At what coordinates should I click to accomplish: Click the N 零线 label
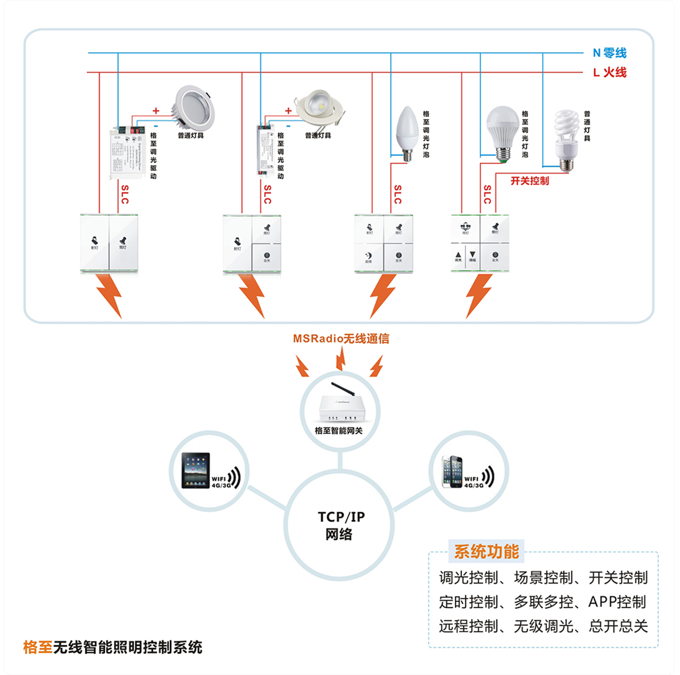pyautogui.click(x=609, y=53)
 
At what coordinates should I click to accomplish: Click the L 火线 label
pyautogui.click(x=609, y=72)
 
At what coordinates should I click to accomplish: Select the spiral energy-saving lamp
pyautogui.click(x=566, y=138)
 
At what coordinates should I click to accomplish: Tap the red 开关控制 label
pyautogui.click(x=529, y=181)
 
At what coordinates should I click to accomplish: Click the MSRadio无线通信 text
pyautogui.click(x=341, y=338)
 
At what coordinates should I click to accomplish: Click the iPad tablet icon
pyautogui.click(x=196, y=470)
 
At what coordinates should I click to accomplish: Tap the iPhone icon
pyautogui.click(x=452, y=470)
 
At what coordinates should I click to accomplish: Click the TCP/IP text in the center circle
pyautogui.click(x=341, y=517)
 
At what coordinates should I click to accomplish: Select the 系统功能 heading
pyautogui.click(x=486, y=551)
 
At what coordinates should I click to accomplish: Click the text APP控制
pyautogui.click(x=617, y=602)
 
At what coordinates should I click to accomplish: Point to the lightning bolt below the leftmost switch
pyautogui.click(x=110, y=295)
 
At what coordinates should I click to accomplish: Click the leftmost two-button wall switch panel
pyautogui.click(x=109, y=243)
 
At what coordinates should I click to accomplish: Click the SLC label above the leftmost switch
pyautogui.click(x=124, y=194)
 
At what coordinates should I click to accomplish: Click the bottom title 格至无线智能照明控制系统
pyautogui.click(x=113, y=647)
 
